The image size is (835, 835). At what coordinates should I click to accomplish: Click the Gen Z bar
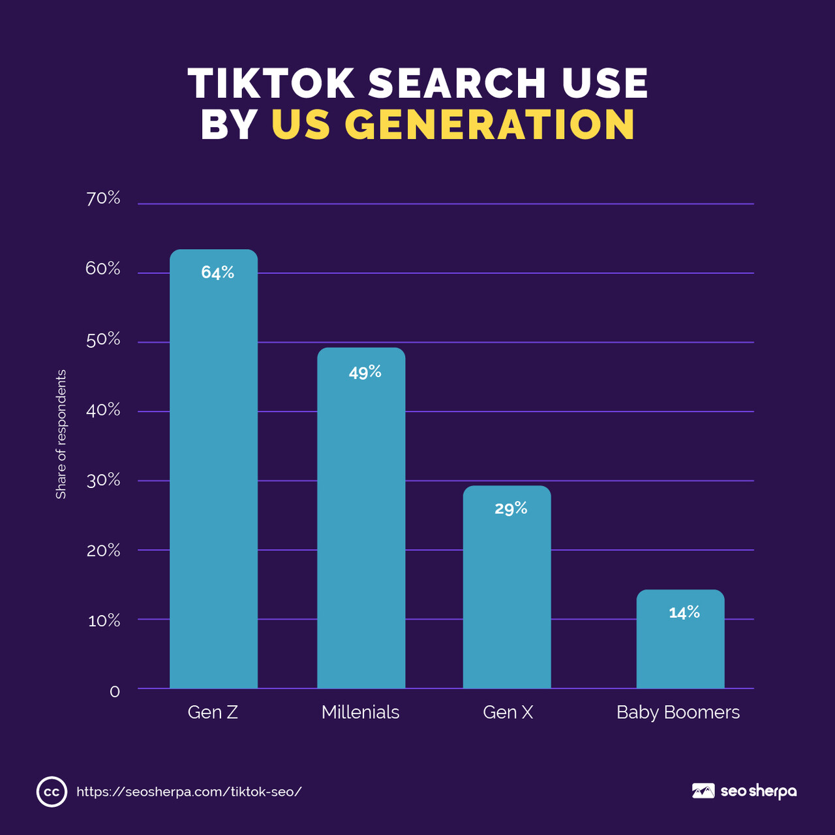coord(213,470)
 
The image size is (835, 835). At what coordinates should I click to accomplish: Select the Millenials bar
coord(361,519)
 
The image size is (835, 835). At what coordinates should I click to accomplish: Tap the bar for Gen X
coord(507,587)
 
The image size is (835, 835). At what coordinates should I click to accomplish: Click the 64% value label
coord(217,273)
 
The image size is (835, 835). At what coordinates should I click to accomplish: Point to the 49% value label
coord(365,372)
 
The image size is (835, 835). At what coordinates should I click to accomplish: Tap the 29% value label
coord(511,508)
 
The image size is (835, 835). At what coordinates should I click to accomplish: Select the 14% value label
coord(684,613)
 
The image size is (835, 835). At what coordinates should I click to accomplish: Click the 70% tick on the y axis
coord(103,198)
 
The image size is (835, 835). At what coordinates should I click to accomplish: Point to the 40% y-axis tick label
coord(103,410)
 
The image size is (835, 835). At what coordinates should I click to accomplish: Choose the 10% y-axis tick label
coord(104,620)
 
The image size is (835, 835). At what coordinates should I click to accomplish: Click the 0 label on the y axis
coord(115,691)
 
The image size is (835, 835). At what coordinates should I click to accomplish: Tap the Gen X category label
coord(508,712)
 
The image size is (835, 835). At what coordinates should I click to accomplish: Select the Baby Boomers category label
coord(678,712)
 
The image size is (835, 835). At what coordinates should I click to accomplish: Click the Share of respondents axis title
coord(61,434)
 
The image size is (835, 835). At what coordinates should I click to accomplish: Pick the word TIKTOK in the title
coord(271,83)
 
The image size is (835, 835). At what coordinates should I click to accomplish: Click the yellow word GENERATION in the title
coord(489,124)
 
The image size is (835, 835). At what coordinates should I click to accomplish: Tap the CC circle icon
coord(52,792)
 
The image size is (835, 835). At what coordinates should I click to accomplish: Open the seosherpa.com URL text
coord(189,792)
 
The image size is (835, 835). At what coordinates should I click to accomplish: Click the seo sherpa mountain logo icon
coord(703,791)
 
